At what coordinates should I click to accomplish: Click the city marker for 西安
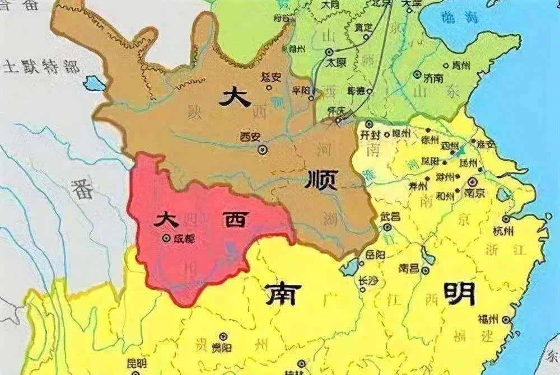[263, 149]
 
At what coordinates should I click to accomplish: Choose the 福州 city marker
[507, 320]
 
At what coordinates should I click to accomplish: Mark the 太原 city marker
[329, 52]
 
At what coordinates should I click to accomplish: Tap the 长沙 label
[368, 280]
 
